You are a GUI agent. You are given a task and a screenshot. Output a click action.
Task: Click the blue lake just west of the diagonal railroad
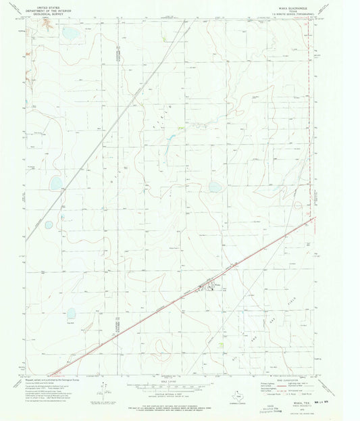[x=56, y=182]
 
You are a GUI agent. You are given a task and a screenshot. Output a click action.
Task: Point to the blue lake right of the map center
[x=215, y=187]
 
